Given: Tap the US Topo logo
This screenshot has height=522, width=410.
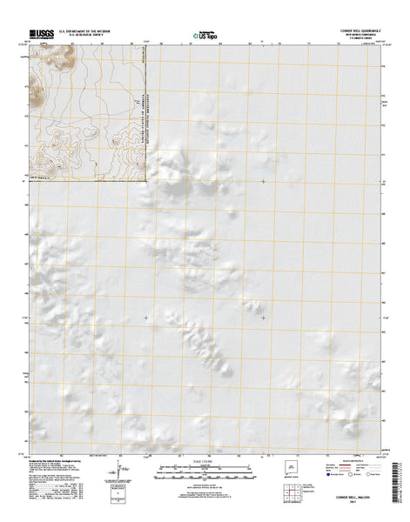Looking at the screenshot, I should coord(205,34).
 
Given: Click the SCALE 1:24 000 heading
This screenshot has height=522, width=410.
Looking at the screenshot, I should coord(205,462).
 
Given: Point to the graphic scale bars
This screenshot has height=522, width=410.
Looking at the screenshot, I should coord(205,472).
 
